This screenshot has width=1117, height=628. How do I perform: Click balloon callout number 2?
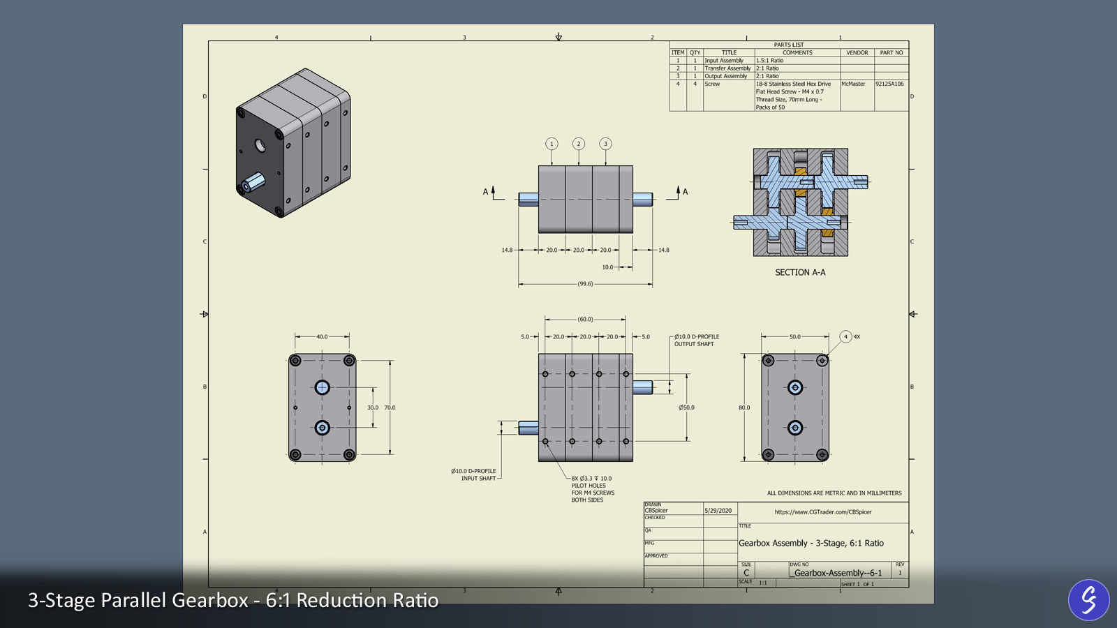click(x=578, y=144)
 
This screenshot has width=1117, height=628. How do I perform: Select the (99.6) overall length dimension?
click(x=585, y=284)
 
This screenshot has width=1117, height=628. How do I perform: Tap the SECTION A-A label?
click(x=800, y=273)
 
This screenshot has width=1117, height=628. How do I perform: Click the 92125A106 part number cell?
click(x=889, y=84)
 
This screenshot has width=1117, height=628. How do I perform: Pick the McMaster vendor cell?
click(x=853, y=84)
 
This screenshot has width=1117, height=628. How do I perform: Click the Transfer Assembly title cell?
click(x=727, y=68)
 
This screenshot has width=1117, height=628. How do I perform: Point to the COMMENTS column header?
click(x=797, y=53)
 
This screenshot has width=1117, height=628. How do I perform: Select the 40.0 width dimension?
click(x=322, y=337)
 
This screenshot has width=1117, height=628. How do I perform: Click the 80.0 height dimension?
click(x=744, y=408)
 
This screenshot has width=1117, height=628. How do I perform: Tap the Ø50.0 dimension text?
click(x=686, y=408)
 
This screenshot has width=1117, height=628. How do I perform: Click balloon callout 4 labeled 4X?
click(x=845, y=337)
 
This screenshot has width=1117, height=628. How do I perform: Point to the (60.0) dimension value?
click(x=585, y=320)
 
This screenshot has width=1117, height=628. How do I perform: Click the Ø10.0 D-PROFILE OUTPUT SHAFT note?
click(x=696, y=341)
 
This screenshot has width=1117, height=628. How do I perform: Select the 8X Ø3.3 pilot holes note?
click(x=592, y=489)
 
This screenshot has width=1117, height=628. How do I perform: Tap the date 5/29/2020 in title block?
click(x=718, y=511)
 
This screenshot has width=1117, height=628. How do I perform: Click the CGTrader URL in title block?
click(x=823, y=512)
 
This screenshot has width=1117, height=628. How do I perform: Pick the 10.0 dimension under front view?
click(x=607, y=267)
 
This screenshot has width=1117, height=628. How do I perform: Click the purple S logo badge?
click(x=1088, y=600)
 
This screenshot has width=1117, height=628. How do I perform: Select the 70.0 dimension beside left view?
click(x=390, y=408)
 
